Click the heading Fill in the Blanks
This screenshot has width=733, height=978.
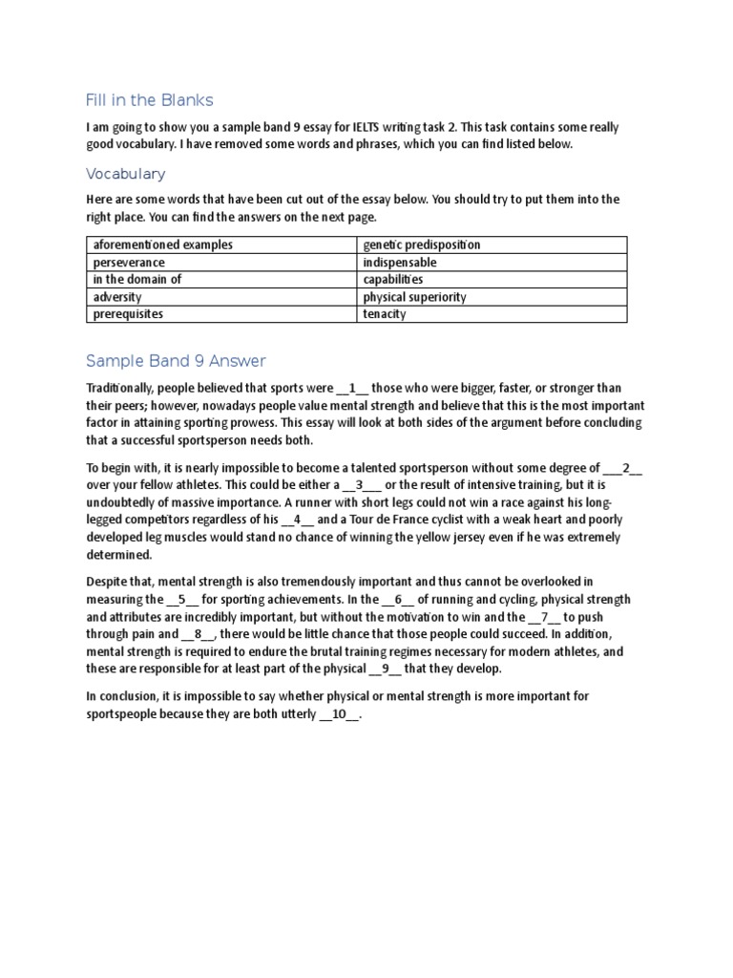point(150,100)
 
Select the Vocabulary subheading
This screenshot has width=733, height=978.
point(125,174)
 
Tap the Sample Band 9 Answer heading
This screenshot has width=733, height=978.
point(176,361)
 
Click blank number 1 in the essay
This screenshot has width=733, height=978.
point(352,389)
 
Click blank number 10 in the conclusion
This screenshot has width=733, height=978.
point(340,714)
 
